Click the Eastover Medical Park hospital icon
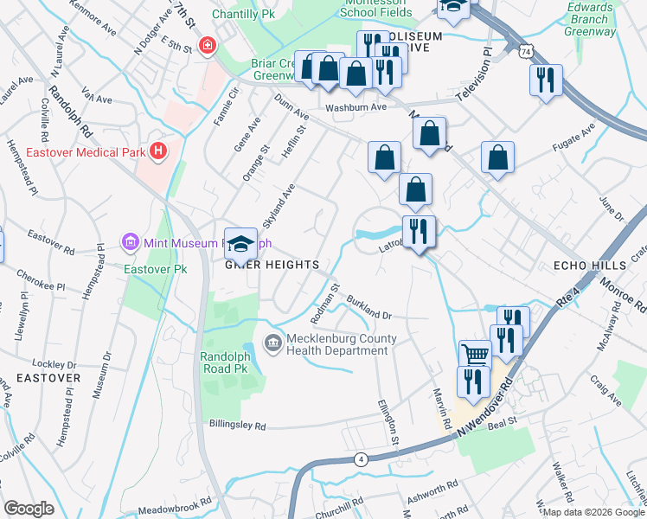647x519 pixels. tap(157, 152)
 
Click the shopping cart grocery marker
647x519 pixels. tap(475, 355)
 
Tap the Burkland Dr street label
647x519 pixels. tap(370, 307)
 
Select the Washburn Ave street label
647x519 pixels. tap(355, 108)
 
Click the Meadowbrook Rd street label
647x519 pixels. tap(168, 503)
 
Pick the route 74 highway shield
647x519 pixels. tap(526, 53)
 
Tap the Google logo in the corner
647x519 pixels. tap(29, 508)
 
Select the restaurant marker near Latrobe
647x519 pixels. tap(419, 232)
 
